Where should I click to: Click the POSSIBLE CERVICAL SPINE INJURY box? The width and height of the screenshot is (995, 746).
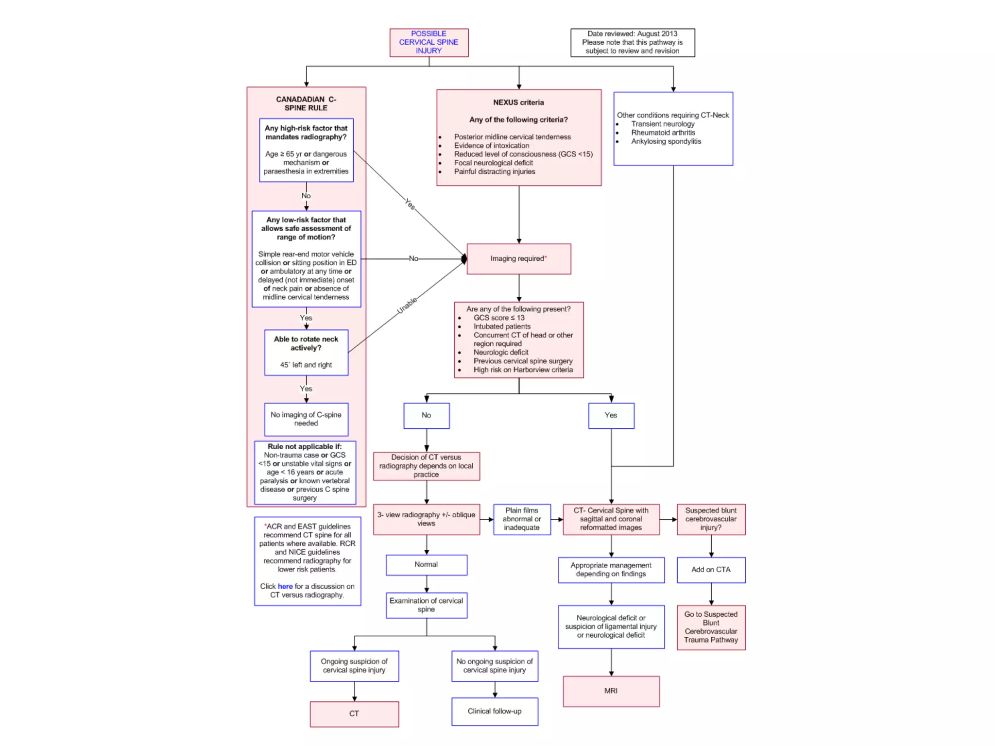tap(429, 42)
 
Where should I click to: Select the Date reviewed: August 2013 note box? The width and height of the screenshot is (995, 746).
tap(632, 42)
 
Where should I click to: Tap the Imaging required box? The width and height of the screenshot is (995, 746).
tap(518, 259)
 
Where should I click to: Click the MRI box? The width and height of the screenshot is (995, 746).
tap(611, 691)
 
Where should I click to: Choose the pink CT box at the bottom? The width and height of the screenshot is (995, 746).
tap(354, 713)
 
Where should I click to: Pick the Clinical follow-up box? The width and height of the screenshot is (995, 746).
tap(494, 711)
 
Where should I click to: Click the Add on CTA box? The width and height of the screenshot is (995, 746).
tap(711, 570)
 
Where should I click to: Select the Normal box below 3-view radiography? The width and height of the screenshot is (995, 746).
tap(426, 564)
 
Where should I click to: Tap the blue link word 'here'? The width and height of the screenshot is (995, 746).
tap(285, 586)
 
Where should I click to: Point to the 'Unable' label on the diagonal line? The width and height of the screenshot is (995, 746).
tap(407, 305)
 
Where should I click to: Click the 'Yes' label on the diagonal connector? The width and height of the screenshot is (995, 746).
tap(410, 204)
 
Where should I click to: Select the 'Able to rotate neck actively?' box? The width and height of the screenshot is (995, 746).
tap(306, 352)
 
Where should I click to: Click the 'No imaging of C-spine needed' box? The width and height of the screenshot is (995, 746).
tap(306, 419)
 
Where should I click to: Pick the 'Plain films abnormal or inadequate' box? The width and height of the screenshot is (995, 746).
tap(522, 519)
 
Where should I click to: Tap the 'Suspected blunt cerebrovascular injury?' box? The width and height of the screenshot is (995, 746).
tap(711, 519)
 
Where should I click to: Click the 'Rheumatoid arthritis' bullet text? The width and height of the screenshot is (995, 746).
tap(663, 133)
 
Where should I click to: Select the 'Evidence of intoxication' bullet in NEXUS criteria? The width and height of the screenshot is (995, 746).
tap(491, 146)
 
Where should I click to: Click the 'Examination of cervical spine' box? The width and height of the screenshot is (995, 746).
tap(426, 605)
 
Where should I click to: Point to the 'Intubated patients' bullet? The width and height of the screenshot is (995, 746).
tap(502, 326)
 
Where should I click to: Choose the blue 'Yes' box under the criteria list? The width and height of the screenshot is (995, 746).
tap(611, 415)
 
